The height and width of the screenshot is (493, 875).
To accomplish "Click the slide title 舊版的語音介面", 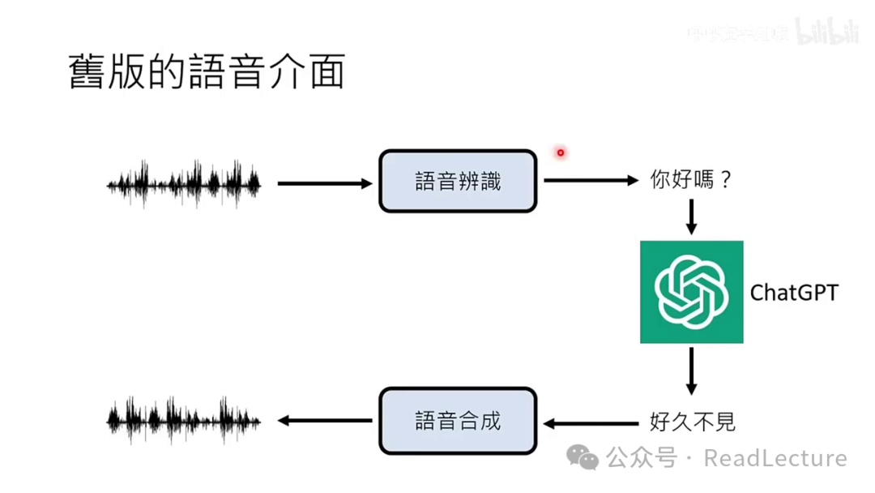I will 207,72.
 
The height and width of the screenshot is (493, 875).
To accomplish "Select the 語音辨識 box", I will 458,182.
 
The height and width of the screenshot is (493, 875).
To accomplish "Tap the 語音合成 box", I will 458,421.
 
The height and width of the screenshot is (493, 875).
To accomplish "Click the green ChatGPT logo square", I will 691,292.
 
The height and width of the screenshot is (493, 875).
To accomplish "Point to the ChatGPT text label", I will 793,293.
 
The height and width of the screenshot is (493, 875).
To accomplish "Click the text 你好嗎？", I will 691,180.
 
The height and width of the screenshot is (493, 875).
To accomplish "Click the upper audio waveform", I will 185,183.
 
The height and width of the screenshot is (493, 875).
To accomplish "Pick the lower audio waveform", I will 185,420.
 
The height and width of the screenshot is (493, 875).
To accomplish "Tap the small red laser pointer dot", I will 560,152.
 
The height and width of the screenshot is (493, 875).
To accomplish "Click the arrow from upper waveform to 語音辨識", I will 324,184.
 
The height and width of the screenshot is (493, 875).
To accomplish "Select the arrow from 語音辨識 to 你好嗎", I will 590,180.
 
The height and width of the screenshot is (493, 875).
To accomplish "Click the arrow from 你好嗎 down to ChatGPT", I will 691,216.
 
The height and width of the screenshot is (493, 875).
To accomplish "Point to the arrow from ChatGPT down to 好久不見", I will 691,371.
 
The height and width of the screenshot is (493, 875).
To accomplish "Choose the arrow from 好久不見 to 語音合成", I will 591,422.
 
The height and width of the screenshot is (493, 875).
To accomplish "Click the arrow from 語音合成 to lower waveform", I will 324,421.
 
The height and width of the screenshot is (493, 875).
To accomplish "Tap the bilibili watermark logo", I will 826,32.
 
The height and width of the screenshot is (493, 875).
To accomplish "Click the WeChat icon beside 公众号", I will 583,458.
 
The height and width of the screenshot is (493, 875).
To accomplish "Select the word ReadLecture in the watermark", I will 775,458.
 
